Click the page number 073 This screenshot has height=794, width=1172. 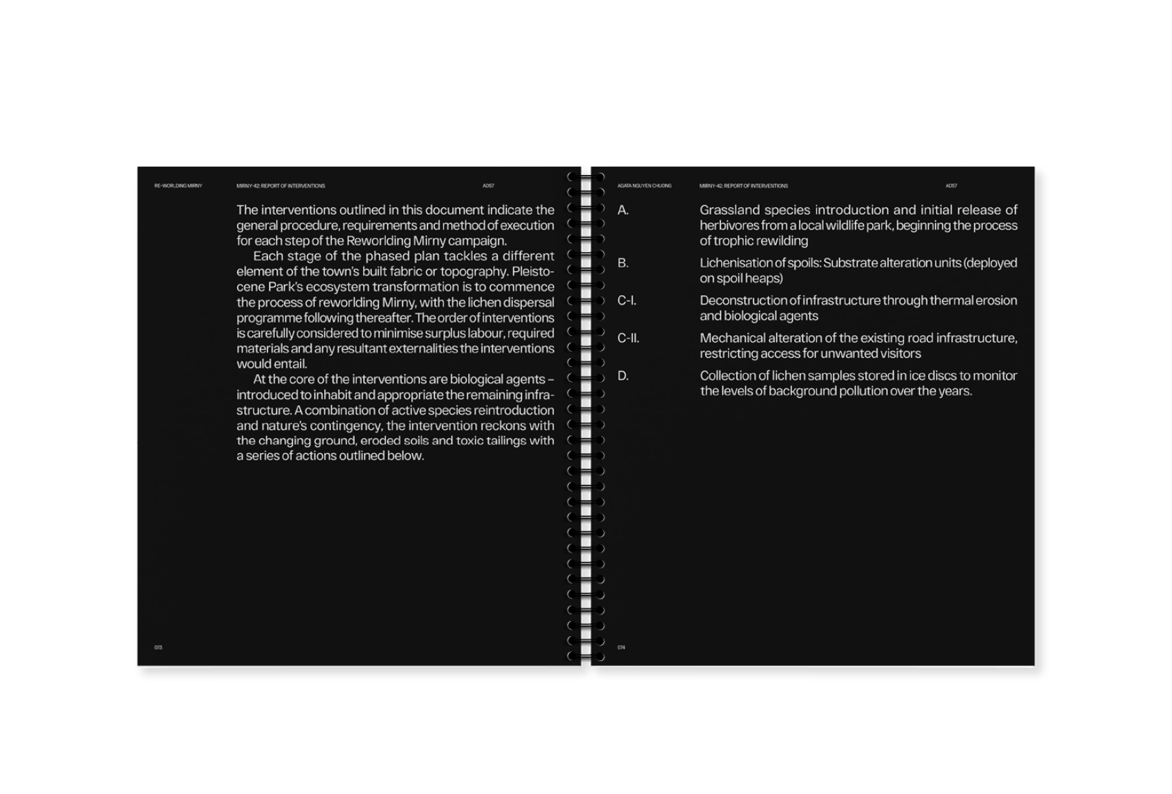tap(158, 647)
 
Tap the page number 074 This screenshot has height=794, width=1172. tap(621, 647)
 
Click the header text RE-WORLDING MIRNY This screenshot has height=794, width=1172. tap(178, 186)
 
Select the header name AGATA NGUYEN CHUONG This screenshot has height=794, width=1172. tap(645, 186)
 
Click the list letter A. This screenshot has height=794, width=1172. tap(623, 210)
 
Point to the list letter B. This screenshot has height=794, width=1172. tap(623, 263)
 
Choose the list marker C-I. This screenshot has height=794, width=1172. tap(627, 301)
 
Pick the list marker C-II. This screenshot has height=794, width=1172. tap(628, 338)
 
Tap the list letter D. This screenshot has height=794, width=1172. tap(623, 376)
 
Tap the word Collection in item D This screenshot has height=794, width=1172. tap(728, 376)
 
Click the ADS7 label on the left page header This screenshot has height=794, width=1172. tap(489, 186)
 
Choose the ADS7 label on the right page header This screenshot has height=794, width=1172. tap(951, 186)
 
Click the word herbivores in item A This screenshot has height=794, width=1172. tap(729, 226)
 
